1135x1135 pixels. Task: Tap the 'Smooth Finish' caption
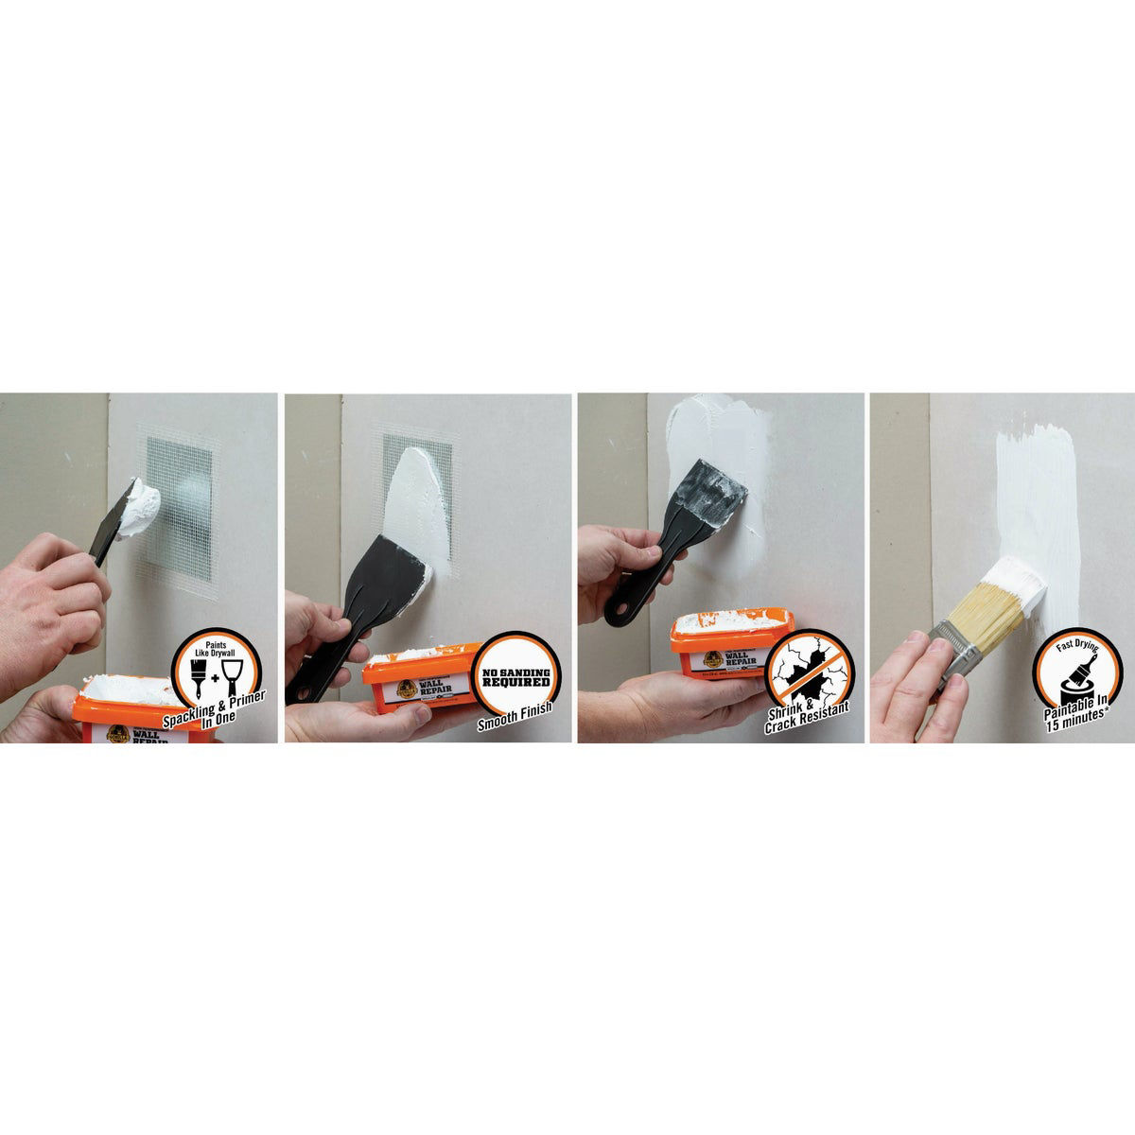515,726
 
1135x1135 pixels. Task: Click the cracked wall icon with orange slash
805,673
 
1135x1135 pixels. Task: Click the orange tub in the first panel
123,714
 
